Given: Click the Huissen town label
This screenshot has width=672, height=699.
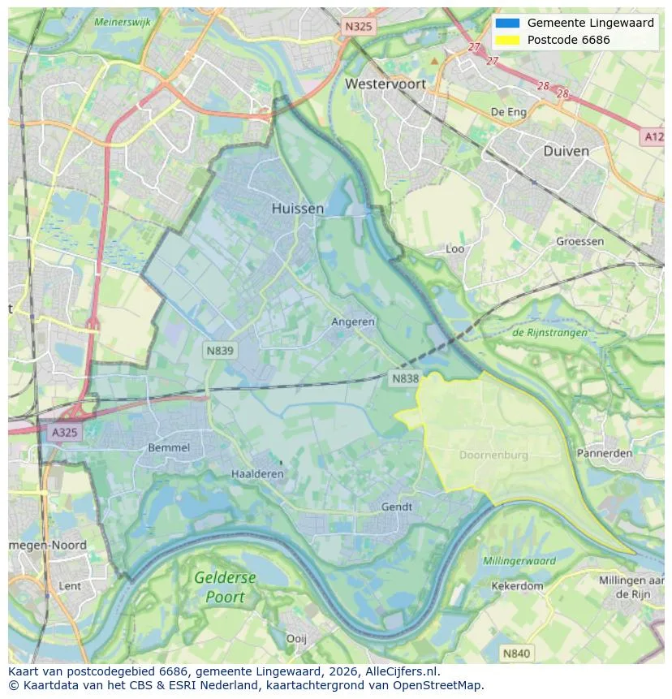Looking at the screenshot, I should [x=297, y=209].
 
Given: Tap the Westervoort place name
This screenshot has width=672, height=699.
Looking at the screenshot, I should [x=385, y=84].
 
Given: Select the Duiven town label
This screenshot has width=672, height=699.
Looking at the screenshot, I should [x=566, y=151].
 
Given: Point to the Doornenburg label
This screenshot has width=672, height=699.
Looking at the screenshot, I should [x=493, y=455].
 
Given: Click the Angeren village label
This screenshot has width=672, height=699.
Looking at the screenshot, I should [x=353, y=321].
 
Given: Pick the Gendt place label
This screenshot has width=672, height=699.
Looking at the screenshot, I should [x=397, y=507].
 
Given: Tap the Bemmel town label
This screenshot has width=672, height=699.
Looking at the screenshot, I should [x=169, y=447].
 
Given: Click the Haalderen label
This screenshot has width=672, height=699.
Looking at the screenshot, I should [x=257, y=474].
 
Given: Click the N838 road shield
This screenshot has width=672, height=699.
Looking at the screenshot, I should [x=405, y=378].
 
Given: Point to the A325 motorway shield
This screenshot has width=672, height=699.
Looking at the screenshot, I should [x=65, y=432].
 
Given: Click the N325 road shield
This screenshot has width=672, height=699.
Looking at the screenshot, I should [x=358, y=27].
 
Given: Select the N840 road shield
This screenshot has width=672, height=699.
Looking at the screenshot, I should [x=515, y=653].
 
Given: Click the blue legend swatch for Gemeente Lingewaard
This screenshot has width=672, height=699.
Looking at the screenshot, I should [x=507, y=24].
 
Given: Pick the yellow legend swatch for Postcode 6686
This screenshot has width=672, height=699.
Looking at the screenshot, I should [x=507, y=40].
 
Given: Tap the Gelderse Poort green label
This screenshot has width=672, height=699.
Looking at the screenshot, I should [x=225, y=587].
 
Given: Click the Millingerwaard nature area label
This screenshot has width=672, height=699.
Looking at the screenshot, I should [x=519, y=561].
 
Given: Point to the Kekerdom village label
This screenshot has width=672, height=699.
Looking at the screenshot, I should [x=517, y=585].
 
